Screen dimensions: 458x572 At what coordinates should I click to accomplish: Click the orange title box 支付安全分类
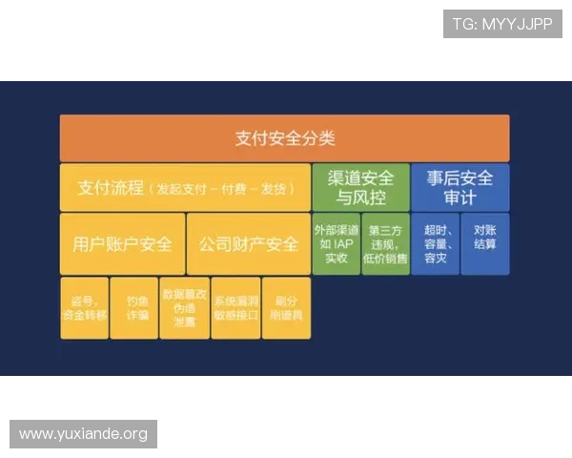pos(284,138)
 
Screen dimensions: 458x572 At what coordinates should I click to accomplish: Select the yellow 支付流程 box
pos(185,187)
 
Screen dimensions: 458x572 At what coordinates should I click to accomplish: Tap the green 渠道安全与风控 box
pos(360,187)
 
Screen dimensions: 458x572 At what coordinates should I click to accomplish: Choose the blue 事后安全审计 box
pos(460,187)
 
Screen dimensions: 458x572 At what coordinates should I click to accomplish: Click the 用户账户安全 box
pos(122,243)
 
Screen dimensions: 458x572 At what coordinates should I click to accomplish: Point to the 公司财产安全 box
pos(248,243)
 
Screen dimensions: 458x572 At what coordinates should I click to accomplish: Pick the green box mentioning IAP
pos(337,243)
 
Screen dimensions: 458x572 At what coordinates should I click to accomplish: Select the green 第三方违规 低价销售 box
pos(386,243)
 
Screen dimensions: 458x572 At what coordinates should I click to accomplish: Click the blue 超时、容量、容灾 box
pos(435,243)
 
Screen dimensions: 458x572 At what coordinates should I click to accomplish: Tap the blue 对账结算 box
pos(484,243)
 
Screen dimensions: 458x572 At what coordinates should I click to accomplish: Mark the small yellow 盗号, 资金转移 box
pos(85,307)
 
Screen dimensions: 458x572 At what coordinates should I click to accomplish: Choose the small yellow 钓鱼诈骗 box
pos(134,307)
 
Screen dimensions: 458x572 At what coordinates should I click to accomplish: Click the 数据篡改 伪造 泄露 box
pos(185,307)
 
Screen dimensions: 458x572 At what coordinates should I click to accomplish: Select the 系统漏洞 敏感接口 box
pos(235,307)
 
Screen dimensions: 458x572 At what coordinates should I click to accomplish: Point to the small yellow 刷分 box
pos(286,307)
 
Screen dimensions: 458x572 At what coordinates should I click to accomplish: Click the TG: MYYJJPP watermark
pos(502,24)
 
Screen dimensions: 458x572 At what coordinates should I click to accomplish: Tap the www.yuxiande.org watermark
pos(84,434)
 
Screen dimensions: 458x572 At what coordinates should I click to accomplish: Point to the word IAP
pos(344,243)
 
